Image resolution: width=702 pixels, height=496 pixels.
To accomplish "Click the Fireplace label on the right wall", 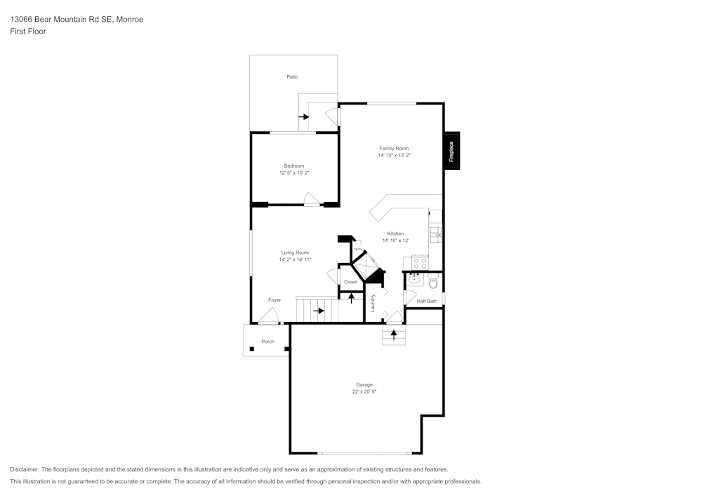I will click(451, 151).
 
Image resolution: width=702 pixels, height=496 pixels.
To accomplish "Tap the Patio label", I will click(292, 76).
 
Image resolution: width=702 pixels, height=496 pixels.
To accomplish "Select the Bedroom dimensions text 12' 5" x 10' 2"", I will click(294, 173).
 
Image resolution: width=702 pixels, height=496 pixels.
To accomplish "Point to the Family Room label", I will click(394, 148).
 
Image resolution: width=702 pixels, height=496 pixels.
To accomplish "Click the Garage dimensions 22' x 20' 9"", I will click(364, 391).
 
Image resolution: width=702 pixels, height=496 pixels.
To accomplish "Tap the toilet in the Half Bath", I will click(432, 283).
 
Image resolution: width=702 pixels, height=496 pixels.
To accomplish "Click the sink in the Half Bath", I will click(413, 279).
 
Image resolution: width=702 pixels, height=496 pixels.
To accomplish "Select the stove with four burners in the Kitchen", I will click(420, 263).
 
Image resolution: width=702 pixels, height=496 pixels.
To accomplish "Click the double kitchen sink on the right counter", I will click(435, 234).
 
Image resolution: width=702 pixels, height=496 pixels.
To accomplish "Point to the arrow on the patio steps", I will click(304, 116).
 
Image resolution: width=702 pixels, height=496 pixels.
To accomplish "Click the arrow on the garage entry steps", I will click(394, 334).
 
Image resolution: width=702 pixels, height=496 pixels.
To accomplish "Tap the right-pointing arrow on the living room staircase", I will click(319, 310).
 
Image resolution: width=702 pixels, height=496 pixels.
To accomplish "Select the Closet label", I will click(350, 282).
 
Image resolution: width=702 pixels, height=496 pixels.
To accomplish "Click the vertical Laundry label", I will click(373, 303).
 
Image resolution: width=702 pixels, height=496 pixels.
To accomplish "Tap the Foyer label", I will click(274, 300).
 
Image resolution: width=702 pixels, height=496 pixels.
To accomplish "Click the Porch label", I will click(267, 342).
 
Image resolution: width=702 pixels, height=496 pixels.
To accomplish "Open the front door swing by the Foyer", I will click(267, 317).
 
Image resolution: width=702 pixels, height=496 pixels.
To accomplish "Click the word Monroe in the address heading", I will click(129, 20).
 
